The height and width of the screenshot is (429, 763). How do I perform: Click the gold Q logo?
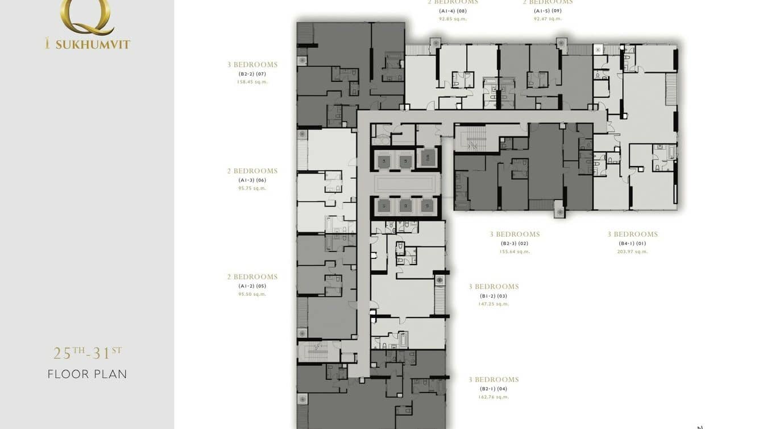pyautogui.click(x=86, y=16)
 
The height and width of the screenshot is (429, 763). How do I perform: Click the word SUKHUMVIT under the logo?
pyautogui.click(x=93, y=44)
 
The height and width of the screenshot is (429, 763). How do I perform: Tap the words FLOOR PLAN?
pyautogui.click(x=87, y=374)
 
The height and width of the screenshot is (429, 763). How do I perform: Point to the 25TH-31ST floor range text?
pyautogui.click(x=87, y=353)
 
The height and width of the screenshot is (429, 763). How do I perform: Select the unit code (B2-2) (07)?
pyautogui.click(x=252, y=74)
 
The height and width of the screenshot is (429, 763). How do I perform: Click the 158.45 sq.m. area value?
pyautogui.click(x=252, y=82)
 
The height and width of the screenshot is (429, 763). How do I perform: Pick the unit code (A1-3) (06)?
pyautogui.click(x=252, y=180)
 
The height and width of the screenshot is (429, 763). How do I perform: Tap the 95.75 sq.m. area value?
pyautogui.click(x=252, y=188)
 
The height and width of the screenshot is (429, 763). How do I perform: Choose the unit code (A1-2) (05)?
pyautogui.click(x=252, y=286)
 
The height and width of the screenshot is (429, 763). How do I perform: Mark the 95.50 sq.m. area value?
pyautogui.click(x=252, y=294)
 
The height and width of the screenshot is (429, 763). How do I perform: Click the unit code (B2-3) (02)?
pyautogui.click(x=515, y=244)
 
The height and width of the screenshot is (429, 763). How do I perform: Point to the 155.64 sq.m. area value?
pyautogui.click(x=515, y=251)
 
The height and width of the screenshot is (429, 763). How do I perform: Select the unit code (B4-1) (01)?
pyautogui.click(x=632, y=244)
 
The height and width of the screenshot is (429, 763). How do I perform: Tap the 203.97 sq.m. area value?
pyautogui.click(x=632, y=251)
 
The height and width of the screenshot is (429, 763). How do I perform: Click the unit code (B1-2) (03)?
pyautogui.click(x=494, y=296)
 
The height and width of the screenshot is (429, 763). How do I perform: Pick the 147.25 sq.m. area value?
pyautogui.click(x=494, y=304)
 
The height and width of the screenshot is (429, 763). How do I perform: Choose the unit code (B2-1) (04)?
pyautogui.click(x=494, y=389)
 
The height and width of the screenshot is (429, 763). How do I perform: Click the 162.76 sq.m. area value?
pyautogui.click(x=494, y=397)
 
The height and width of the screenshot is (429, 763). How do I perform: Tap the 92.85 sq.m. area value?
pyautogui.click(x=453, y=19)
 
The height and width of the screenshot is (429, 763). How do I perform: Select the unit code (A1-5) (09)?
pyautogui.click(x=548, y=11)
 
